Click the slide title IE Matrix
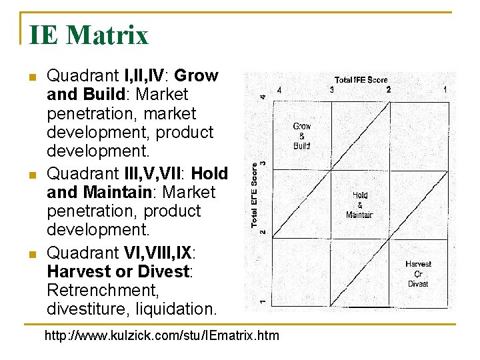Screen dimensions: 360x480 [89, 35]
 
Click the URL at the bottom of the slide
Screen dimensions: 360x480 [162, 335]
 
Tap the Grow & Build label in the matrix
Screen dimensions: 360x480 [302, 136]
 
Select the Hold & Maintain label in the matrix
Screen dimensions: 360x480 [359, 205]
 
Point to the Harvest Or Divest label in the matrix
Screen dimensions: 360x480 [418, 274]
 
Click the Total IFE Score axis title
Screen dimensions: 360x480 [361, 80]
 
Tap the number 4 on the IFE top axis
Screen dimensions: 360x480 [279, 90]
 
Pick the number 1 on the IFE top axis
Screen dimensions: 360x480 [445, 90]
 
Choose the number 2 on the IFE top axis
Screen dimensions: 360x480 [389, 90]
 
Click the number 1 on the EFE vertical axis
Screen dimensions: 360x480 [263, 301]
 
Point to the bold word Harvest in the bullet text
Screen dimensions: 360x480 [75, 272]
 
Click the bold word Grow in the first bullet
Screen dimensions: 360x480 [196, 76]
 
